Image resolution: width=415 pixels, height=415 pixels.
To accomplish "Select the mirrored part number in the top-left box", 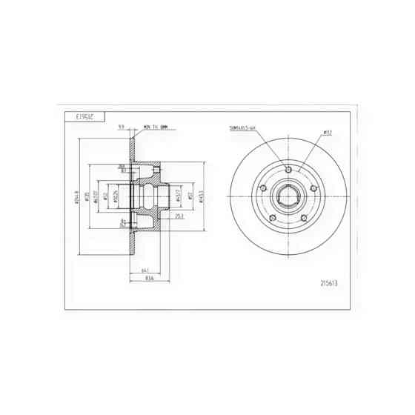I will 87,116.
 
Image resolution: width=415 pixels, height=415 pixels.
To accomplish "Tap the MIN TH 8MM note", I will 155,127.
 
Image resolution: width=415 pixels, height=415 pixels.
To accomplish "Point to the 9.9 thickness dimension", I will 121,127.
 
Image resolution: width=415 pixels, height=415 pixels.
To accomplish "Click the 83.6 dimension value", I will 149,279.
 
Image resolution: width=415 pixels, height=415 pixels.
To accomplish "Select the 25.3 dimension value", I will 179,217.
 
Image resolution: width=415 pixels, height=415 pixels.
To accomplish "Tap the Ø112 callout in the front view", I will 326,133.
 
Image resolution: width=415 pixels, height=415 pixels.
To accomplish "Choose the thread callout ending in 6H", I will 242,128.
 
